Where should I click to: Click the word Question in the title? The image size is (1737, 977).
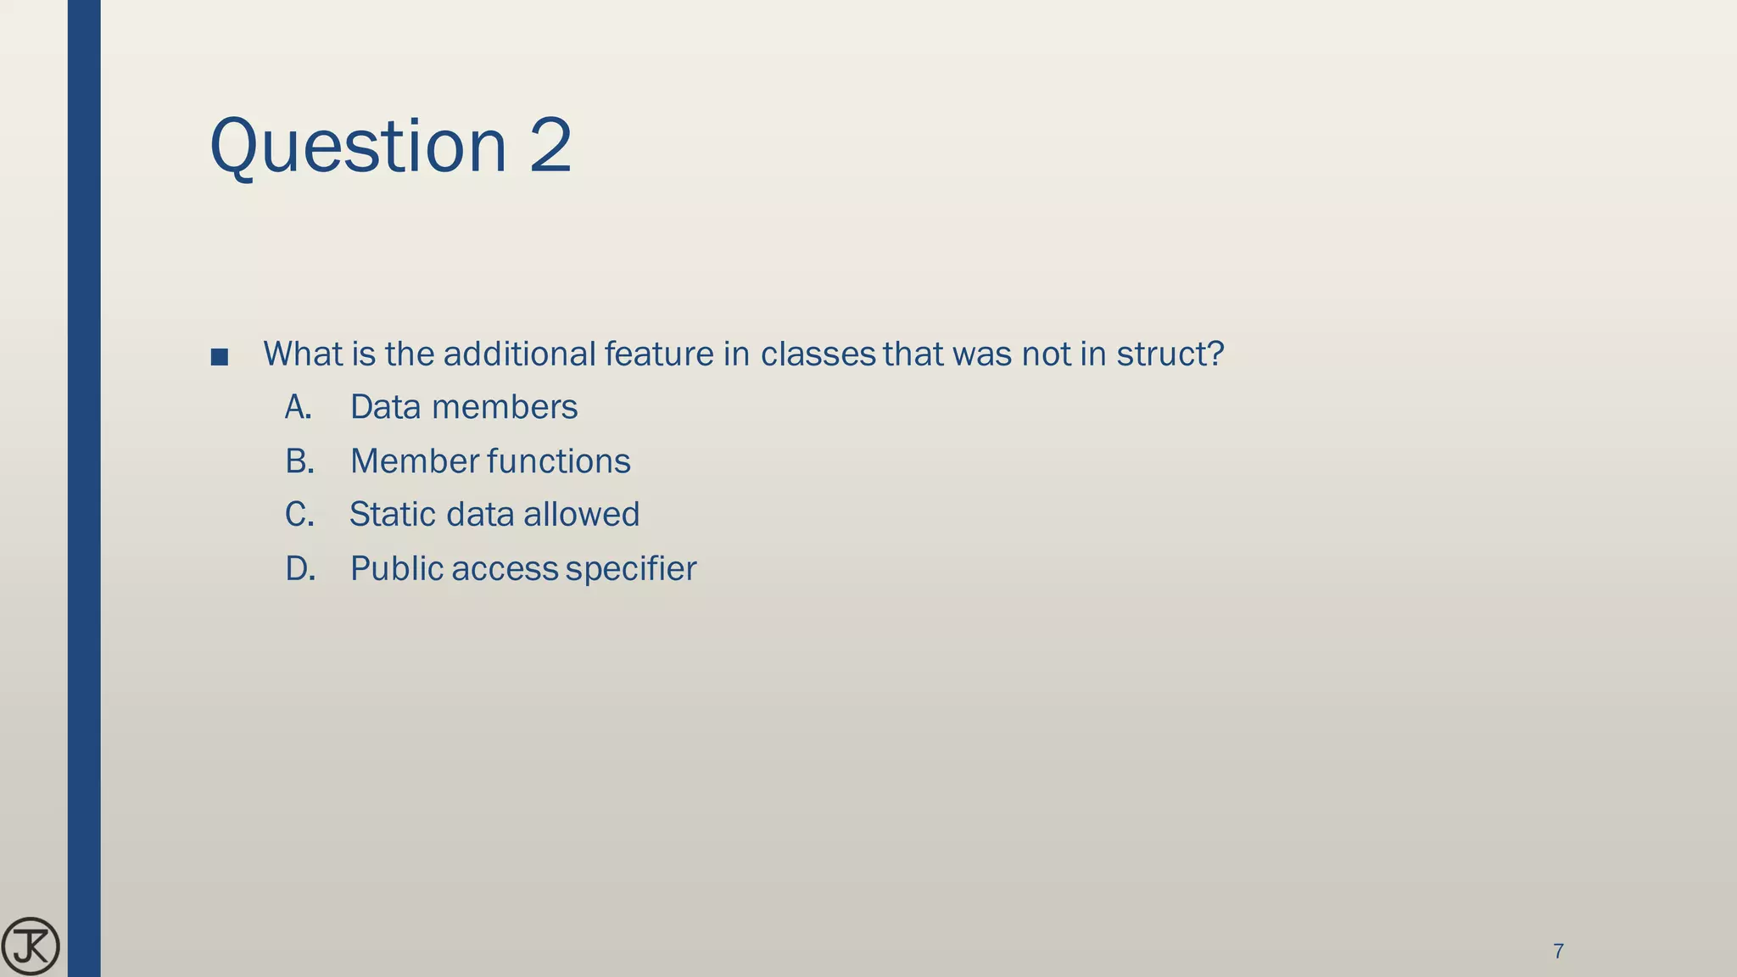(x=357, y=146)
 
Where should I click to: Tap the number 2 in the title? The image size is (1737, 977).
(x=550, y=146)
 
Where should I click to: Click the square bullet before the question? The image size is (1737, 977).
(x=219, y=357)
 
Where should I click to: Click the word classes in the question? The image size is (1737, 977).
(x=817, y=354)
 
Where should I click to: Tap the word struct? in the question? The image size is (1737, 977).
(x=1170, y=354)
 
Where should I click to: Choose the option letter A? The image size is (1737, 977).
(x=298, y=408)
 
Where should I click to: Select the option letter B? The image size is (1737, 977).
(x=299, y=461)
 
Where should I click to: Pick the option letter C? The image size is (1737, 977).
(x=299, y=515)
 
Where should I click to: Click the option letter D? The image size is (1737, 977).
(x=300, y=569)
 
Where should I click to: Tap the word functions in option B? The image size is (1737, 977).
(x=559, y=461)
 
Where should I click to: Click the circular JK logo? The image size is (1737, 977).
(x=31, y=946)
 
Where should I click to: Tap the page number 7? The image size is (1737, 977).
(x=1558, y=952)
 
